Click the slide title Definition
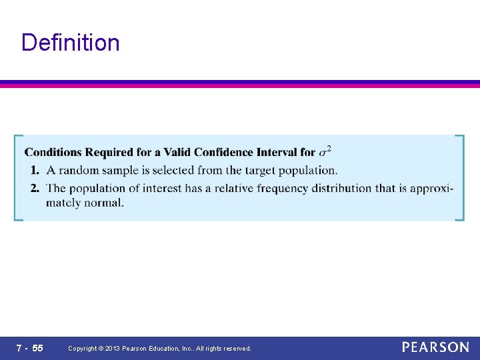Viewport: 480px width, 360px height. click(x=70, y=43)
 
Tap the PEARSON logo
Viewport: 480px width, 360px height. click(x=435, y=347)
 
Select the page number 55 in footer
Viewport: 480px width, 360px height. click(x=37, y=348)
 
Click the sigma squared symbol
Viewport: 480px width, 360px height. click(x=325, y=151)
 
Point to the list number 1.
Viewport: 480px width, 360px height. click(x=34, y=170)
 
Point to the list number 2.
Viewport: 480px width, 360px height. click(x=34, y=188)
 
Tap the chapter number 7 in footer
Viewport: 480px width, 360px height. click(x=19, y=348)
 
